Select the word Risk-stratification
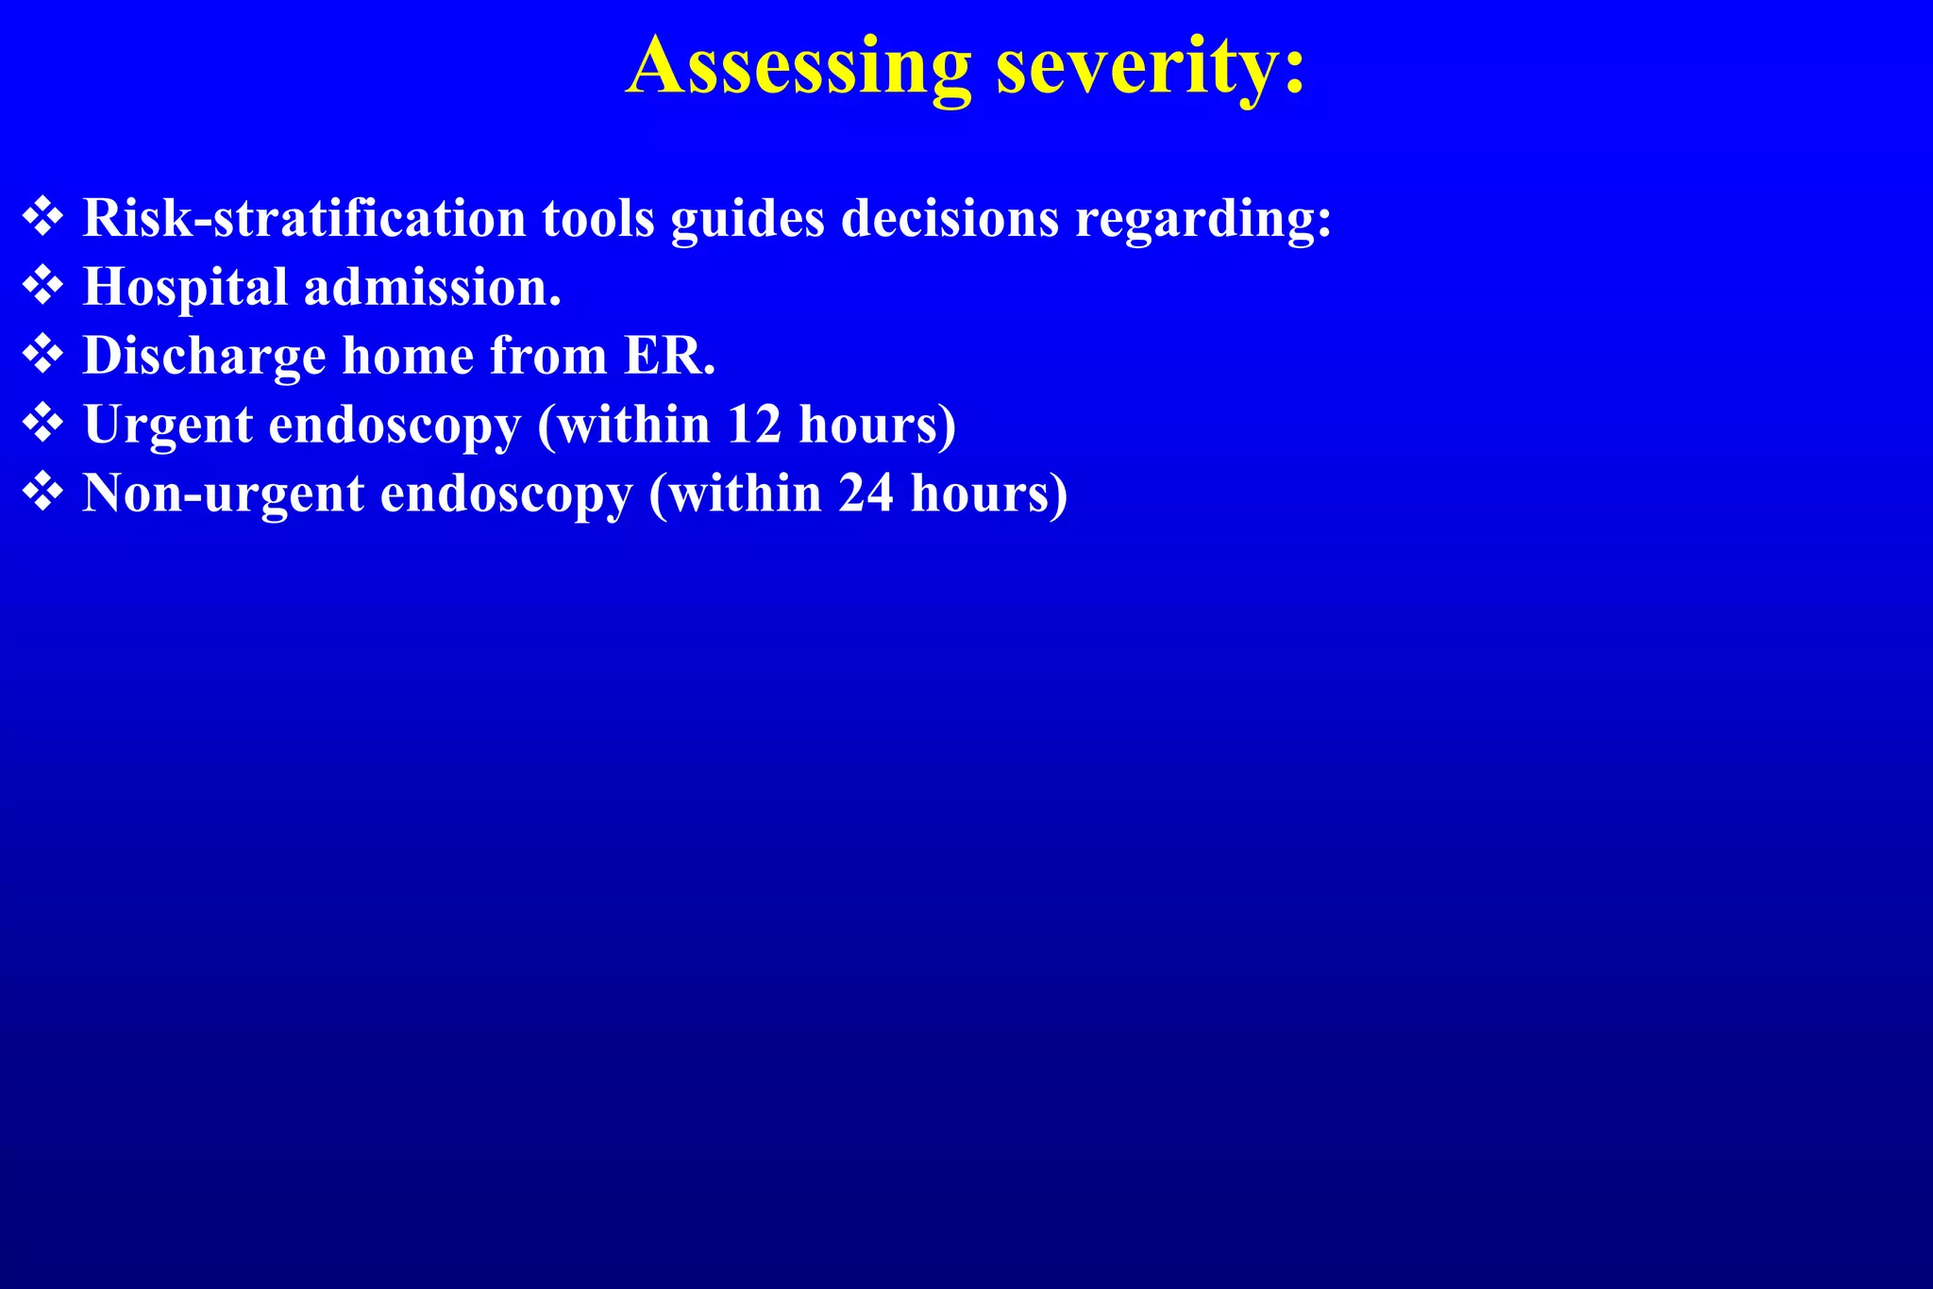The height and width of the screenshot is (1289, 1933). (304, 218)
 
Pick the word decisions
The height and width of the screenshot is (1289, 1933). (950, 218)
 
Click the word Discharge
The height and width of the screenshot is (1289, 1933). (204, 357)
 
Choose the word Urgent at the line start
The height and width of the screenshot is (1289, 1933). (168, 426)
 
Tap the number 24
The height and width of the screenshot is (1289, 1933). (866, 494)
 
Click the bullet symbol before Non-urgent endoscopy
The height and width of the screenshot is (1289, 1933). (42, 493)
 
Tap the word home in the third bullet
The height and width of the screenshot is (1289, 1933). (408, 356)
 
